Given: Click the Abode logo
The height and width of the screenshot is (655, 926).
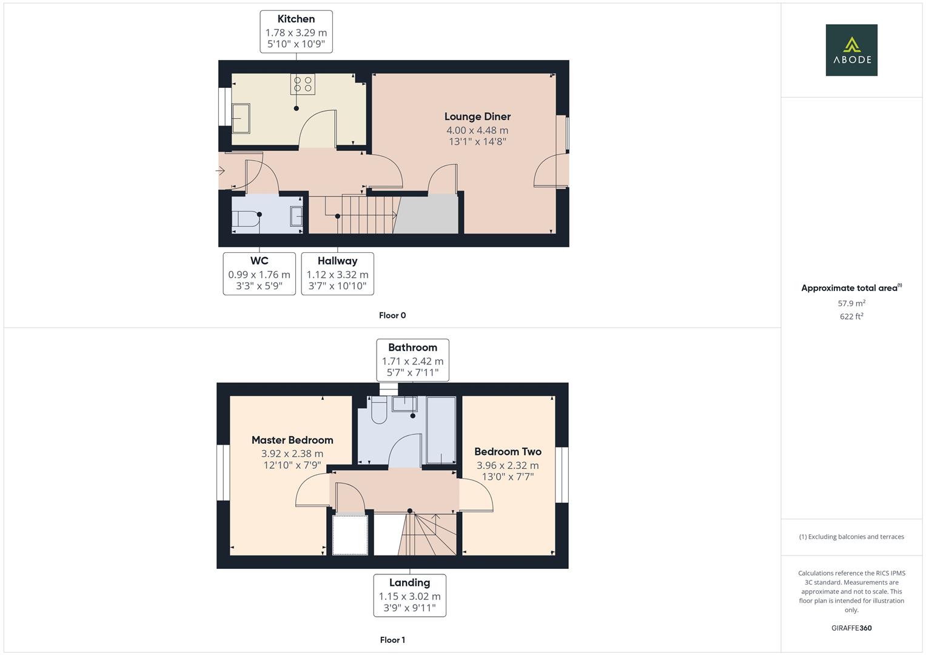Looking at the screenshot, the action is pyautogui.click(x=851, y=50).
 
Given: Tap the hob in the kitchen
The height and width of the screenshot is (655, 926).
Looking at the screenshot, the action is pyautogui.click(x=303, y=84).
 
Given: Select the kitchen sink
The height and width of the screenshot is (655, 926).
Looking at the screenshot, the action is pyautogui.click(x=241, y=118).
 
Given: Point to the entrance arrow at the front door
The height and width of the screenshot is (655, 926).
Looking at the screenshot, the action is pyautogui.click(x=220, y=170).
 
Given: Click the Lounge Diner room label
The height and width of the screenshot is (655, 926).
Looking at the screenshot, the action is pyautogui.click(x=477, y=116).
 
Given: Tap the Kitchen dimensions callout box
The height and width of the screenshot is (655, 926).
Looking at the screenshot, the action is pyautogui.click(x=296, y=32).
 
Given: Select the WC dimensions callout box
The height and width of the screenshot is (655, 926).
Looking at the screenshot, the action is pyautogui.click(x=259, y=274).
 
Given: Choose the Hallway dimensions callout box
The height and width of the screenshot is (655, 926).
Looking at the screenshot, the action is pyautogui.click(x=337, y=274).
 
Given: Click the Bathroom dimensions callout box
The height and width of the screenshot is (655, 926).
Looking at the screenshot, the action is pyautogui.click(x=412, y=360).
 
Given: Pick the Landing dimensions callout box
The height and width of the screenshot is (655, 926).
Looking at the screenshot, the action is pyautogui.click(x=410, y=596).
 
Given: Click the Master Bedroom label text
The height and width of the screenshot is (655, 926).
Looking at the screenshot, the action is pyautogui.click(x=292, y=440).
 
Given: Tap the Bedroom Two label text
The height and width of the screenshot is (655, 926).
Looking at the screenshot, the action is pyautogui.click(x=508, y=452).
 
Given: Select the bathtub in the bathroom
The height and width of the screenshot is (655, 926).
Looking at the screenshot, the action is pyautogui.click(x=441, y=430).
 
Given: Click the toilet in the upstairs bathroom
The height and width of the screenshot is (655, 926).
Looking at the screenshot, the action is pyautogui.click(x=379, y=410).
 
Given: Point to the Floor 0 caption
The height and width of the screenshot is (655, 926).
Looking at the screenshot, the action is pyautogui.click(x=392, y=315).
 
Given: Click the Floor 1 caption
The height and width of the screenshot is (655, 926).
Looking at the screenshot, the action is pyautogui.click(x=392, y=640).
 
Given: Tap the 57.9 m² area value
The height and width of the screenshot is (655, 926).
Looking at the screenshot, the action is pyautogui.click(x=851, y=303).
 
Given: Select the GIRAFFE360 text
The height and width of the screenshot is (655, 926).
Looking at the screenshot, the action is pyautogui.click(x=851, y=628).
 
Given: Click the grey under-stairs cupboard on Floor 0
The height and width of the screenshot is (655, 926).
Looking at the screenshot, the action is pyautogui.click(x=426, y=214).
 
